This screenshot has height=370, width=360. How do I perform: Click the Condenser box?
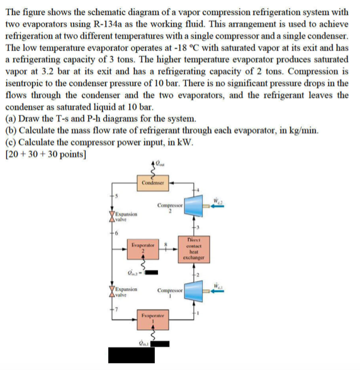[153, 183]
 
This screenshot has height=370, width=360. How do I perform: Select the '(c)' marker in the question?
[11, 142]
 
